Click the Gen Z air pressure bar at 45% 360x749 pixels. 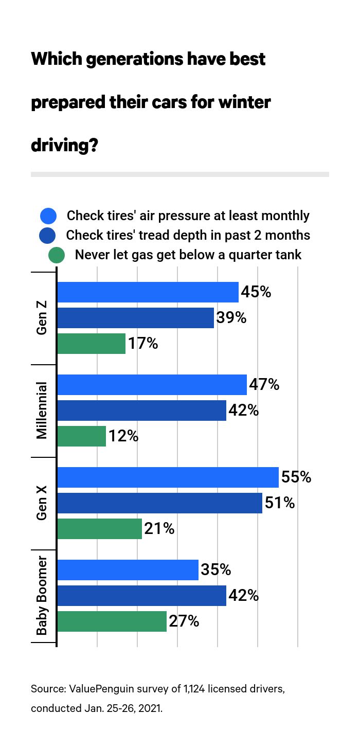point(148,292)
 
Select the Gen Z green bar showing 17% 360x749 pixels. point(91,344)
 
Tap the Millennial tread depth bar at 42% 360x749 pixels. point(141,411)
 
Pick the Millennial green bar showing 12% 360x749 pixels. point(81,436)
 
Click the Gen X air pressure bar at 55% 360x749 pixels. point(168,477)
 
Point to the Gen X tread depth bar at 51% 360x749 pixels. point(159,503)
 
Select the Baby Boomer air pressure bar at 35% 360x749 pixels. point(128,570)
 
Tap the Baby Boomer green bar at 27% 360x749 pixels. point(112,621)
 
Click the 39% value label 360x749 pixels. point(231,318)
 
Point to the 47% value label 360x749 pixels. point(264,384)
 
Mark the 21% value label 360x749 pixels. point(159,528)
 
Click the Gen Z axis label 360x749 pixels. point(42,318)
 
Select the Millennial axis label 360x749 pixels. point(42,411)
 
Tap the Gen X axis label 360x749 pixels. point(42,503)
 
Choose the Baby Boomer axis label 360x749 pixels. point(42,595)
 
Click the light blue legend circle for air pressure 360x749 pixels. point(48,216)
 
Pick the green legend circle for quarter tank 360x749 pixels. point(56,255)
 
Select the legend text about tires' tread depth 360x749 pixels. point(188,235)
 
